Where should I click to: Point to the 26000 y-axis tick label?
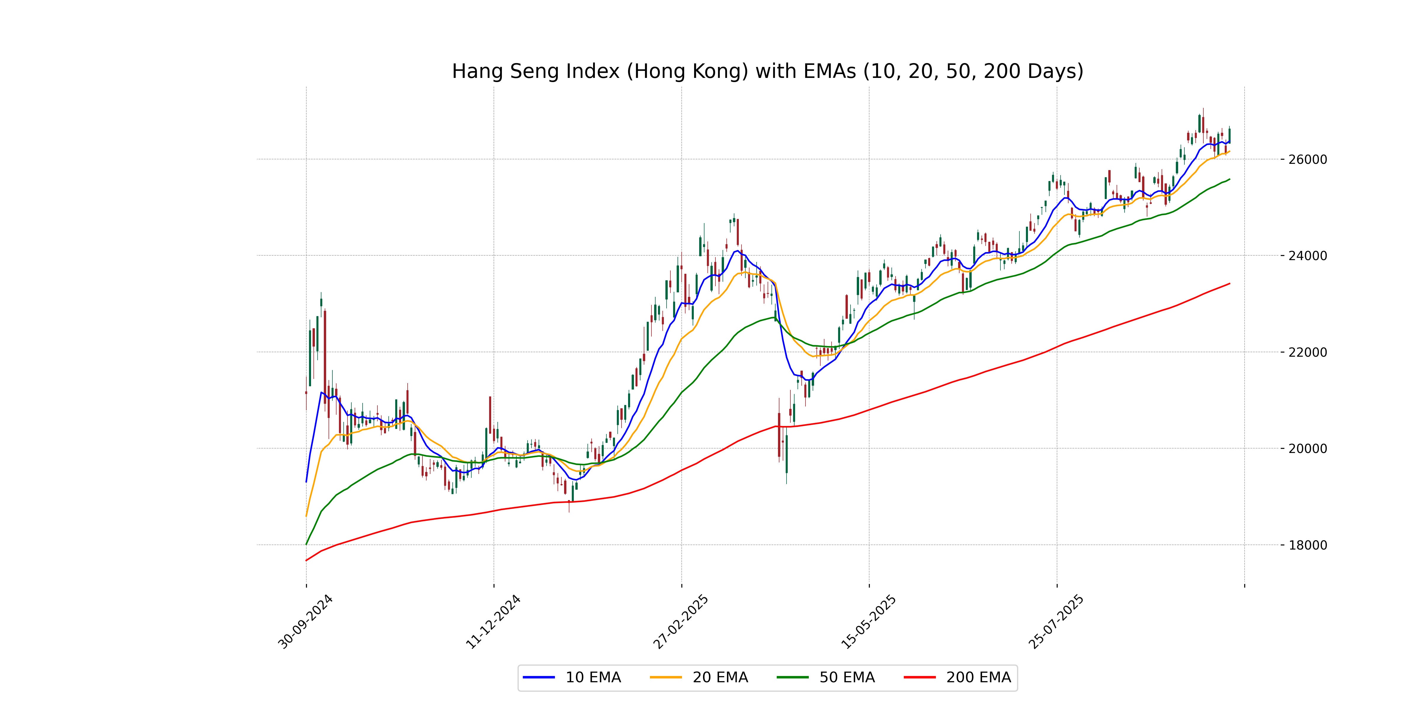1307,160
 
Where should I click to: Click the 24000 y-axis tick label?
1307,256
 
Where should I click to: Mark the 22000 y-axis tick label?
1307,352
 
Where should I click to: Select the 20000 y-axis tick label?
1307,448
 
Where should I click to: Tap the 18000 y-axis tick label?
1307,545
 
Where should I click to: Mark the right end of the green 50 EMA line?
1229,179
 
